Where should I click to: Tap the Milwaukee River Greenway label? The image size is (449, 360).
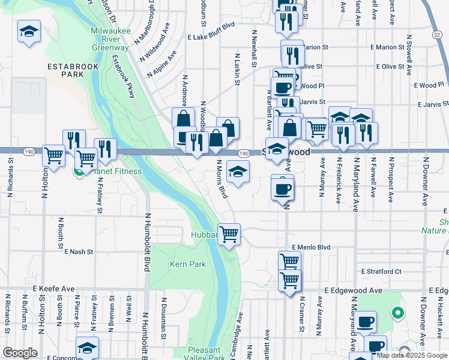pyautogui.click(x=109, y=39)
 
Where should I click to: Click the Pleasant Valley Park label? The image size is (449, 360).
pyautogui.click(x=207, y=353)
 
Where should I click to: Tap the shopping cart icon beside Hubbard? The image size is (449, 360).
pyautogui.click(x=229, y=234)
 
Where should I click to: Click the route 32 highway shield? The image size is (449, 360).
pyautogui.click(x=436, y=36)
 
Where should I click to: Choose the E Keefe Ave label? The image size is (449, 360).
pyautogui.click(x=54, y=289)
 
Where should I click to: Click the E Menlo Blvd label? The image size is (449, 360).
pyautogui.click(x=312, y=247)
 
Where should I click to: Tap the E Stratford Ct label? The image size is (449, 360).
pyautogui.click(x=381, y=271)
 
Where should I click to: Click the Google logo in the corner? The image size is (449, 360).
pyautogui.click(x=20, y=353)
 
